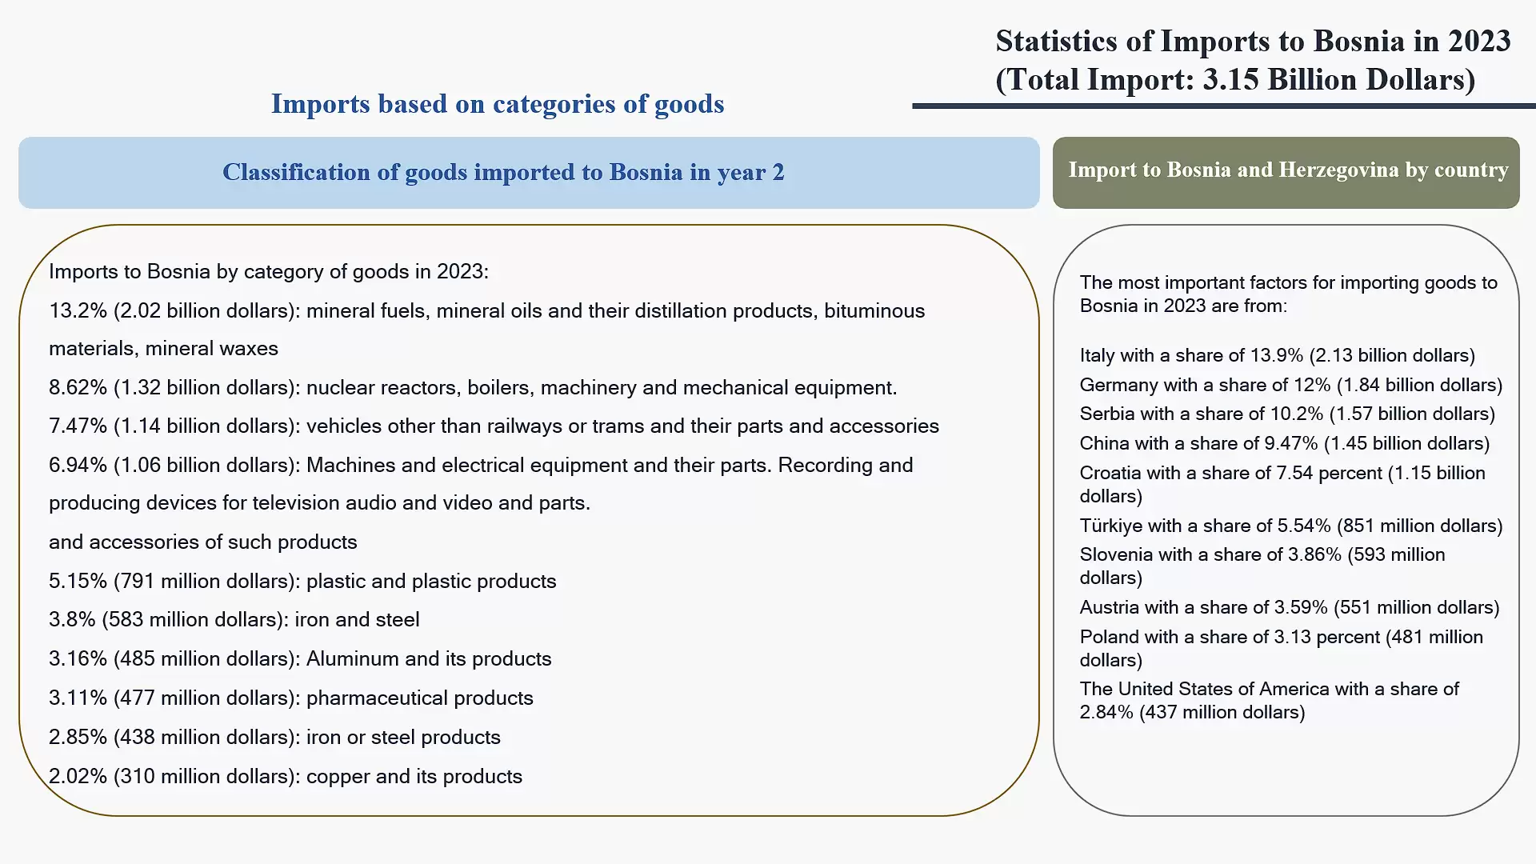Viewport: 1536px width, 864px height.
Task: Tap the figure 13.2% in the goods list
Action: point(78,311)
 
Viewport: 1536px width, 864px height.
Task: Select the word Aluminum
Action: point(353,658)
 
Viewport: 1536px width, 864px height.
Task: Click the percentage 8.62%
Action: point(78,388)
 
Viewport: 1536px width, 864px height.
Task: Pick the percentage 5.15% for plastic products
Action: point(78,582)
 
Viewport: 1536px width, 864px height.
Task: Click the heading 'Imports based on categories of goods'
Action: point(498,104)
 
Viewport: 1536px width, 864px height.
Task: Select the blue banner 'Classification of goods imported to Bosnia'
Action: point(529,173)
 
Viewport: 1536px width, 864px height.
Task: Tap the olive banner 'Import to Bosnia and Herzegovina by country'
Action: point(1286,173)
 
